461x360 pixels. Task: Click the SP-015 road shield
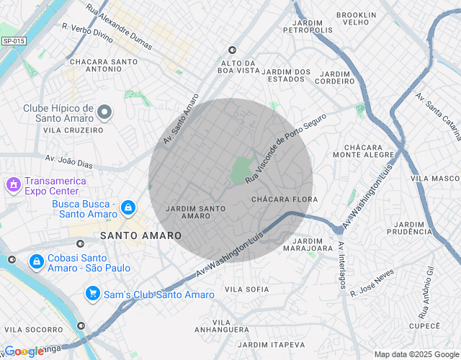[x=13, y=41]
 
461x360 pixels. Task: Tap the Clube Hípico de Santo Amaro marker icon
[x=105, y=112]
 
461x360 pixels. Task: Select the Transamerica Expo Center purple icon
[x=12, y=186]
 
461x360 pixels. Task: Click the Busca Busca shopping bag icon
[x=127, y=208]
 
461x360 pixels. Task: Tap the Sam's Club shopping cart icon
[x=92, y=294]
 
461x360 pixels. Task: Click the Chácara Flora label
[x=285, y=199]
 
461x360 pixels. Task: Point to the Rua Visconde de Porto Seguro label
[x=285, y=146]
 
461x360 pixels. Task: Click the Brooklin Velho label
[x=357, y=19]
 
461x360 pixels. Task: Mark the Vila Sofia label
[x=246, y=289]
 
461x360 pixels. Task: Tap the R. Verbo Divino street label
[x=87, y=32]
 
